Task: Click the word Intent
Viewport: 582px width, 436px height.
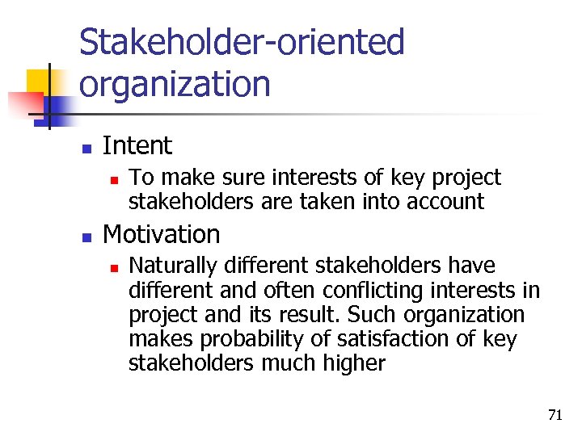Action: [137, 146]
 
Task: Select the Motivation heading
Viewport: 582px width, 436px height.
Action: [162, 235]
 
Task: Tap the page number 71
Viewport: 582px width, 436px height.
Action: [555, 416]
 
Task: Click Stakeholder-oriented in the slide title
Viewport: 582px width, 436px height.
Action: [242, 43]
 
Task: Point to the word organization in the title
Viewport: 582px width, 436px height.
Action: [175, 84]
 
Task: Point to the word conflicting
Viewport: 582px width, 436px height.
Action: [371, 291]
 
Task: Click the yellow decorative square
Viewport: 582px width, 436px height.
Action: [39, 82]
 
